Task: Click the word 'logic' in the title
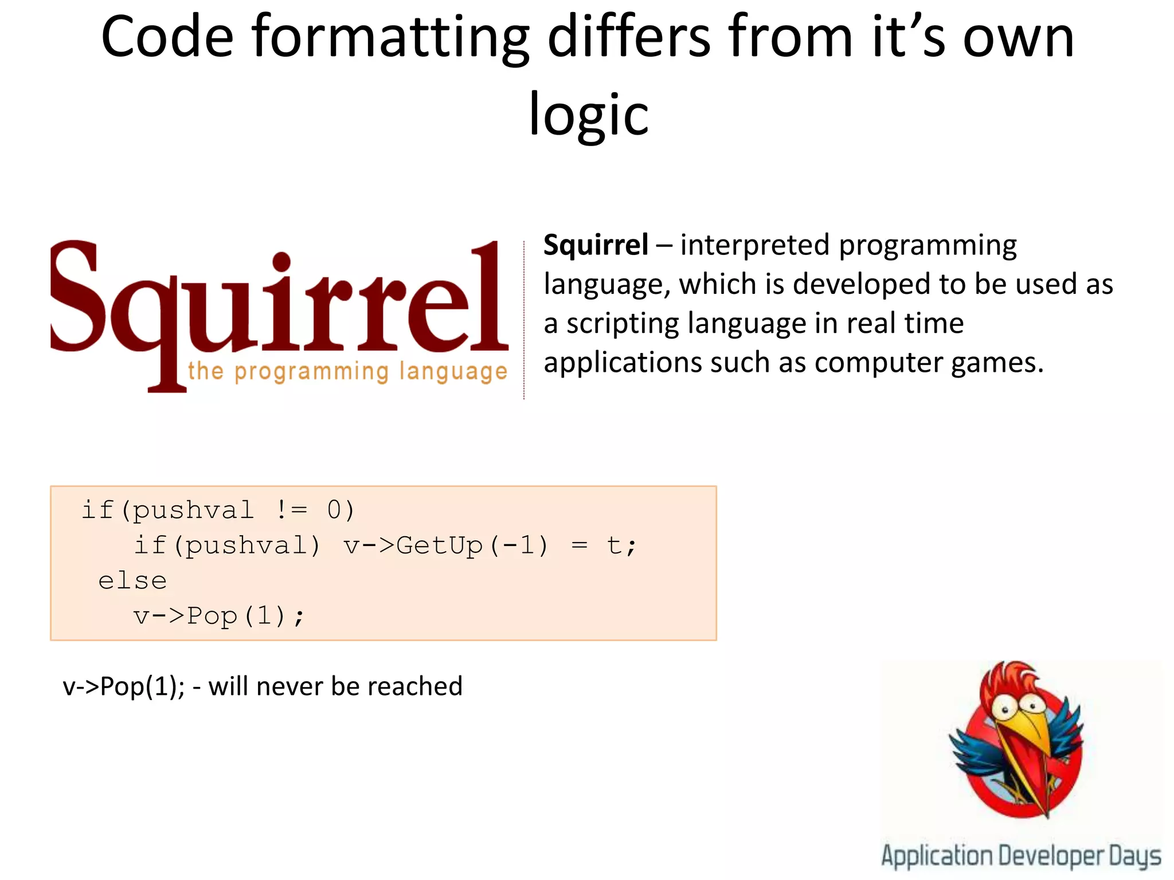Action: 588,115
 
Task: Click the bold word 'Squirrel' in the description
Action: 596,245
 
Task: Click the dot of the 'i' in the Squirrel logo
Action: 281,262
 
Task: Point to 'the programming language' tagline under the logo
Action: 347,371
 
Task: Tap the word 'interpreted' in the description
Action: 756,245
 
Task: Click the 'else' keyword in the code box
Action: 132,581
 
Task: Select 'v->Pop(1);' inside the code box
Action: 219,616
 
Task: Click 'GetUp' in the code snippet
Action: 440,545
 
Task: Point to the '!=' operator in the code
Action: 291,510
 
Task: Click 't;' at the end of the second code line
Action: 621,545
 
